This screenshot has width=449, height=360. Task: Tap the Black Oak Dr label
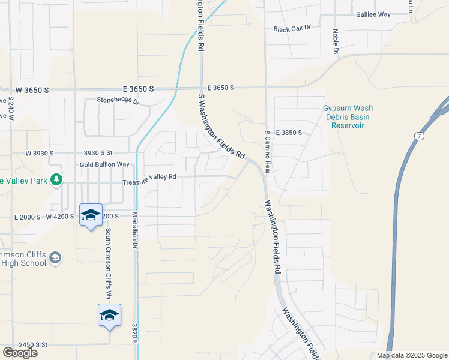tap(292, 28)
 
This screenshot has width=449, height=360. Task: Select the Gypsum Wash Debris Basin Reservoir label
tap(348, 117)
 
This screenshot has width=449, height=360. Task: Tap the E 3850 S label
tap(289, 132)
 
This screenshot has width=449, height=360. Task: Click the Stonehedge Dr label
tap(118, 102)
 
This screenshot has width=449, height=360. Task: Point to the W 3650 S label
tap(32, 89)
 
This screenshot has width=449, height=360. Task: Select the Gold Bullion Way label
tap(104, 164)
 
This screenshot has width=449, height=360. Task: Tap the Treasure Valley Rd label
tap(149, 177)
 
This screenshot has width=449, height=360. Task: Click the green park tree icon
tap(56, 179)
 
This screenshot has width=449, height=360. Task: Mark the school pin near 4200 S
tap(91, 215)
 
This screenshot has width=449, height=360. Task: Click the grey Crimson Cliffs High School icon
tap(55, 258)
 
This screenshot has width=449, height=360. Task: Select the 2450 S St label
tap(33, 344)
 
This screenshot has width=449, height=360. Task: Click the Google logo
tap(20, 353)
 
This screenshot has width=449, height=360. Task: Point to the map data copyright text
tap(412, 355)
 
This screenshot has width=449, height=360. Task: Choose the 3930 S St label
tap(98, 154)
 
